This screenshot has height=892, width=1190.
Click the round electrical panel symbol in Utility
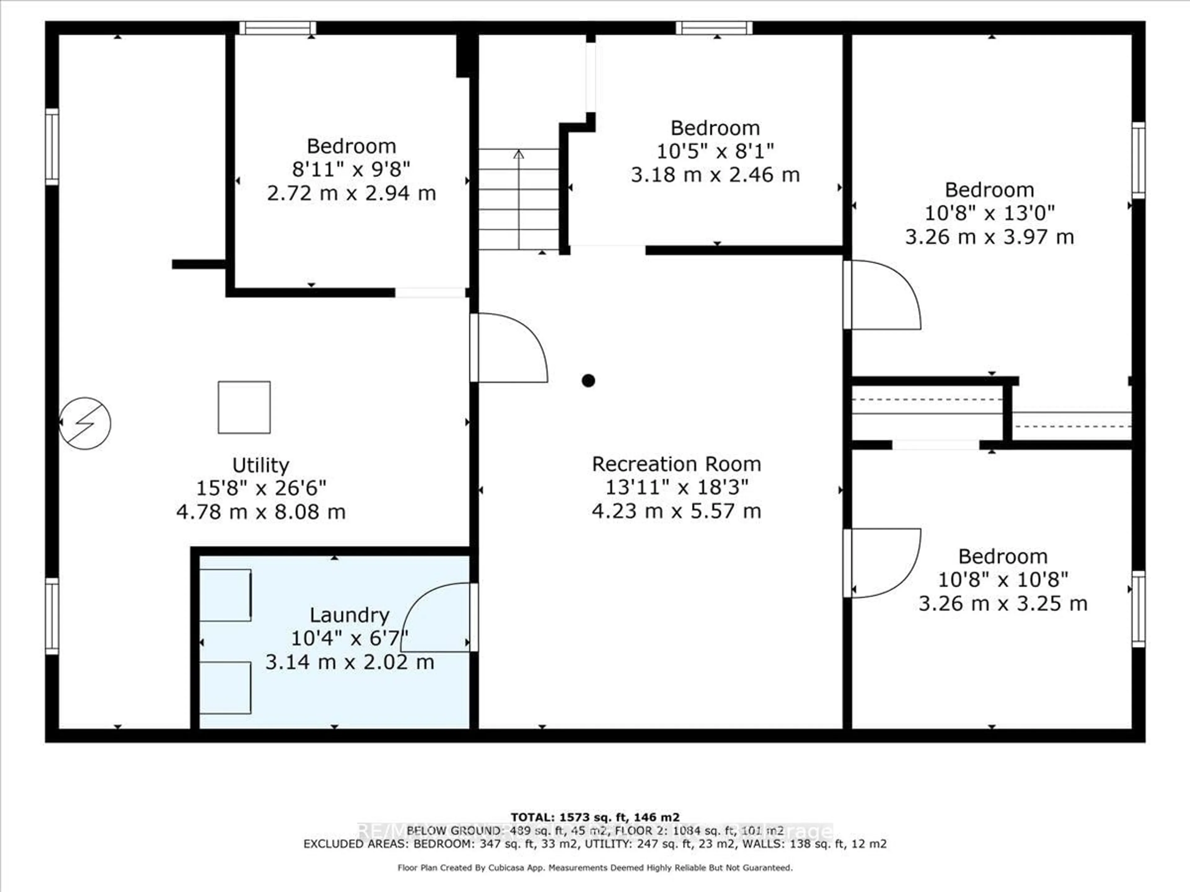coord(85,423)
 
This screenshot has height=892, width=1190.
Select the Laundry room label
coord(349,614)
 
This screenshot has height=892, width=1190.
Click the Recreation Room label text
coord(676,464)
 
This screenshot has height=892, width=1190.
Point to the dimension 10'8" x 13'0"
coord(989,213)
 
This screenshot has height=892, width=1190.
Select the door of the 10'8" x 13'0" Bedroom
coord(882,295)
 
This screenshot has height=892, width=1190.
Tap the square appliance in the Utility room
coord(244,407)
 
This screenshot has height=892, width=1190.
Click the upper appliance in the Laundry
coord(225,595)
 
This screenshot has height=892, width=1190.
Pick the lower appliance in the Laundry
coord(225,688)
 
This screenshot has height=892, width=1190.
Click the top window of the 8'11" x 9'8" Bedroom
coord(278,28)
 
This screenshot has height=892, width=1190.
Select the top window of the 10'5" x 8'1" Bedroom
coord(714,28)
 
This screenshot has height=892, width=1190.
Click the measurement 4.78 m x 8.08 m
coord(261,511)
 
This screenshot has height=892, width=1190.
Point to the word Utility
coord(261,465)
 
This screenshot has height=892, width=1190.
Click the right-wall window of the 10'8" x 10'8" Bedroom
coord(1138,609)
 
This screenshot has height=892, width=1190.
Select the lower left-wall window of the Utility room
coord(52,616)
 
